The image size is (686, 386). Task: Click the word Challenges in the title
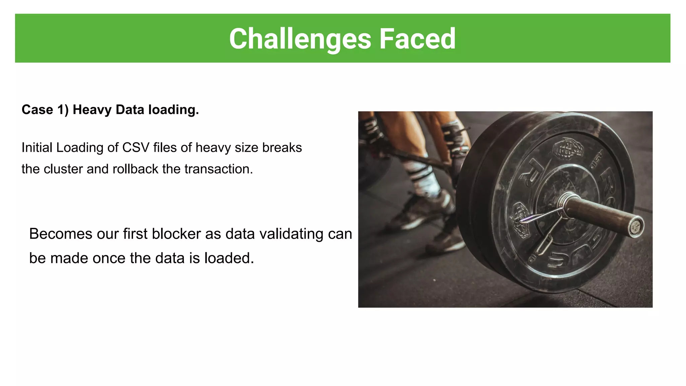click(x=300, y=39)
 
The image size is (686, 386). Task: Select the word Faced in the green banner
click(x=417, y=39)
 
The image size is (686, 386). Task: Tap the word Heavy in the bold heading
click(x=92, y=110)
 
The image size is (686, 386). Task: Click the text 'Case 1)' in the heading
click(x=45, y=110)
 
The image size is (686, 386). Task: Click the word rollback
click(x=135, y=169)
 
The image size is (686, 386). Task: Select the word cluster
click(x=63, y=169)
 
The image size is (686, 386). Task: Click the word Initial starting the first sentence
click(x=37, y=148)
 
